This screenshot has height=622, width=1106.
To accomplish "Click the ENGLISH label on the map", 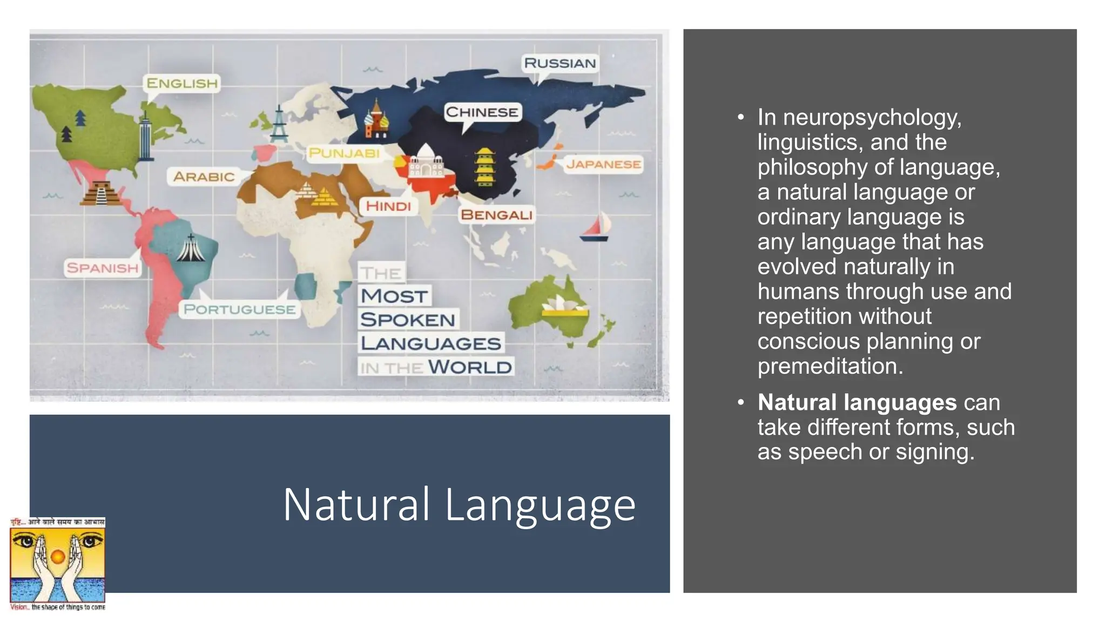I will (182, 83).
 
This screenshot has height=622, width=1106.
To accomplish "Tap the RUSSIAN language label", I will (559, 63).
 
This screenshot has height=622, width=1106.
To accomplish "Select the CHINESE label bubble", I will (482, 112).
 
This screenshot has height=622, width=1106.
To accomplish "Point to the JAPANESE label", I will (603, 164).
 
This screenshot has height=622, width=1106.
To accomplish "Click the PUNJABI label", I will (344, 153).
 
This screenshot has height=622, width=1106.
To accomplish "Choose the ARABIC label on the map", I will (204, 177).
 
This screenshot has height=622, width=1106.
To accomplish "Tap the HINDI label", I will (388, 206).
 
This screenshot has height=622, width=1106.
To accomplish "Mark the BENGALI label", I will (496, 215).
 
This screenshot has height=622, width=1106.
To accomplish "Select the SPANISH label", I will (103, 268).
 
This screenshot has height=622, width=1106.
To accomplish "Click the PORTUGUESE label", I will (239, 309).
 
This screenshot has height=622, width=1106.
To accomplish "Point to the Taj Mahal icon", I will (426, 163).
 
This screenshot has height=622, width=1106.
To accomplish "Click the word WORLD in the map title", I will (470, 367).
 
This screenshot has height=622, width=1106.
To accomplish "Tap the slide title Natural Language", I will (459, 504).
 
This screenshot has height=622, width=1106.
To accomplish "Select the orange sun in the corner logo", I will (58, 556).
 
